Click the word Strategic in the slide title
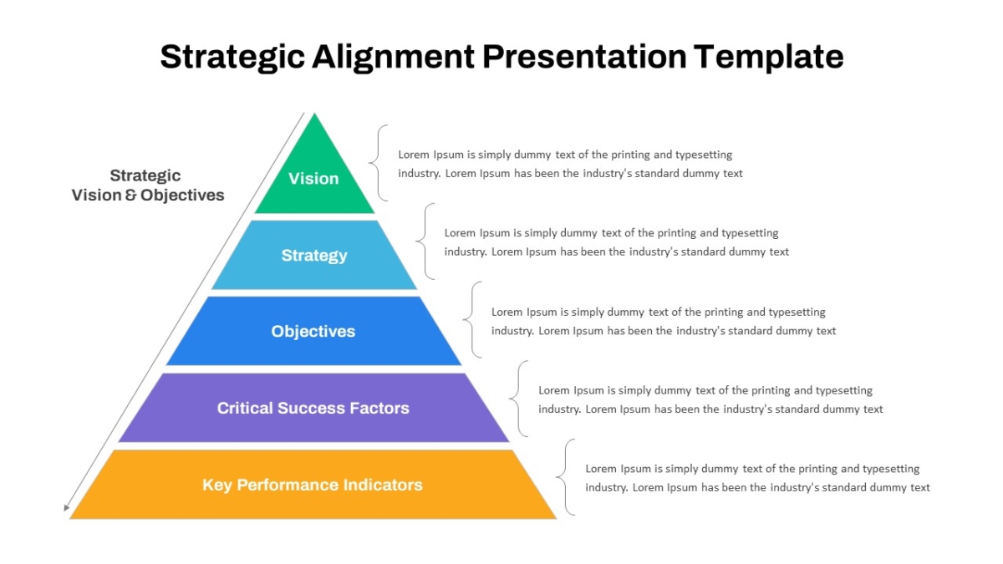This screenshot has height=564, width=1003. [x=232, y=57]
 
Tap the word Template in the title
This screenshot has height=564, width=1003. [x=769, y=57]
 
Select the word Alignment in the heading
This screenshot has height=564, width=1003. [x=393, y=57]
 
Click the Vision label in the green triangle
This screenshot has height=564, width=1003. [x=313, y=179]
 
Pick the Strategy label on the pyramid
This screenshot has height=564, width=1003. [x=314, y=256]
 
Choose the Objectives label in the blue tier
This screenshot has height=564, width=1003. [x=313, y=332]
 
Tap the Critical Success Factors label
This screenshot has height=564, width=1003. [x=313, y=409]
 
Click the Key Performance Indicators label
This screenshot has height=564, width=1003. [x=312, y=485]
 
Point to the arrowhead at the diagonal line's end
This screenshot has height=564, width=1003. [x=67, y=507]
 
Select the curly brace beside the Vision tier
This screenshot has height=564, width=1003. [x=379, y=163]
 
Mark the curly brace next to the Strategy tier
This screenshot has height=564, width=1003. [x=425, y=241]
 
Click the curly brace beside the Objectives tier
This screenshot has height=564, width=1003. [x=472, y=319]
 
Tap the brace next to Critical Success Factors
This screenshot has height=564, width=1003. [x=519, y=399]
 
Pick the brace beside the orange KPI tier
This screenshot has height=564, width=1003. [x=566, y=477]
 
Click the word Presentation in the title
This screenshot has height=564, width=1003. [x=584, y=57]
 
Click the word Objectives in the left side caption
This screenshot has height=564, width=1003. [x=182, y=196]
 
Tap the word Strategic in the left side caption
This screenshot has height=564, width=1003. [x=145, y=176]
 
